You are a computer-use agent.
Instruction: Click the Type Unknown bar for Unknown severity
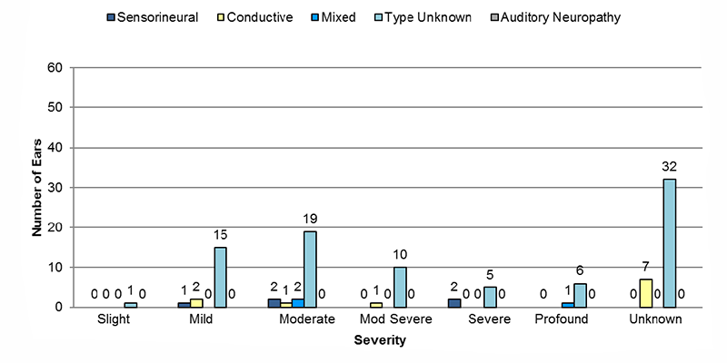(x=670, y=243)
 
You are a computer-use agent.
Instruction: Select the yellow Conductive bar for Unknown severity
(x=645, y=293)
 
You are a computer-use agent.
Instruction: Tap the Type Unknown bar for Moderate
(x=310, y=270)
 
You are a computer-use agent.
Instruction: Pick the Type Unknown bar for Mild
(x=220, y=278)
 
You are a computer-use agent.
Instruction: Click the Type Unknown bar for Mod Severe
(x=400, y=288)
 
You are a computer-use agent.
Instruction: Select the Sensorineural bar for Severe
(x=454, y=303)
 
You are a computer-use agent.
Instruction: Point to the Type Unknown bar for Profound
(x=580, y=296)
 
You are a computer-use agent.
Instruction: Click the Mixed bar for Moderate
(x=297, y=303)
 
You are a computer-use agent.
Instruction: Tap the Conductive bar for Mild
(x=196, y=303)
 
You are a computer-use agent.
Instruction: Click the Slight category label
(x=115, y=320)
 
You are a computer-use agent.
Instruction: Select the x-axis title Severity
(x=380, y=341)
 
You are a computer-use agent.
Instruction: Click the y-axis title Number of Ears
(x=37, y=188)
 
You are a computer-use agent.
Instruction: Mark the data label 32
(x=670, y=167)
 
